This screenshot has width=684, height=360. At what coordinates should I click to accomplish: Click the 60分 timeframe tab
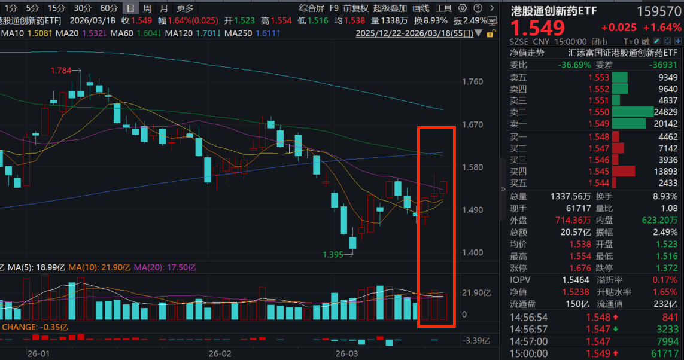click(x=109, y=8)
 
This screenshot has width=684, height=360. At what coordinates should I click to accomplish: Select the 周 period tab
click(x=147, y=8)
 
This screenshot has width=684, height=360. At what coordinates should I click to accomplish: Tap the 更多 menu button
click(x=185, y=8)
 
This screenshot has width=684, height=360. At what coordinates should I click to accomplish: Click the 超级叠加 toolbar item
click(x=390, y=8)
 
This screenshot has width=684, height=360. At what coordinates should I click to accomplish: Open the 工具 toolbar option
click(x=443, y=8)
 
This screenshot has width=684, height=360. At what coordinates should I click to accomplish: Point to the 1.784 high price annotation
click(x=60, y=71)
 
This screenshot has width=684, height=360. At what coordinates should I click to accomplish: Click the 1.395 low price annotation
click(x=333, y=255)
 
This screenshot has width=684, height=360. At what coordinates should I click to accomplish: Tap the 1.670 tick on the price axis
click(x=473, y=125)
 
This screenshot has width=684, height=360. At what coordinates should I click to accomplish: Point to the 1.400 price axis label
click(x=473, y=253)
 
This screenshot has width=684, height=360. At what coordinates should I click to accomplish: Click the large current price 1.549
click(x=537, y=28)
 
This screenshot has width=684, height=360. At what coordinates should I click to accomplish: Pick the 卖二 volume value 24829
click(x=665, y=112)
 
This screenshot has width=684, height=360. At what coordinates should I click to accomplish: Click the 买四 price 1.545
click(x=598, y=171)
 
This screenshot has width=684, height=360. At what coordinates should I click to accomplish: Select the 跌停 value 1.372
click(x=667, y=267)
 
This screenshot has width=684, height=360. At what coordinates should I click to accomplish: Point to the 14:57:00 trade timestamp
click(x=528, y=341)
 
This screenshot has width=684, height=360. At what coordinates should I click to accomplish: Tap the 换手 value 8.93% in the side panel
click(x=665, y=196)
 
